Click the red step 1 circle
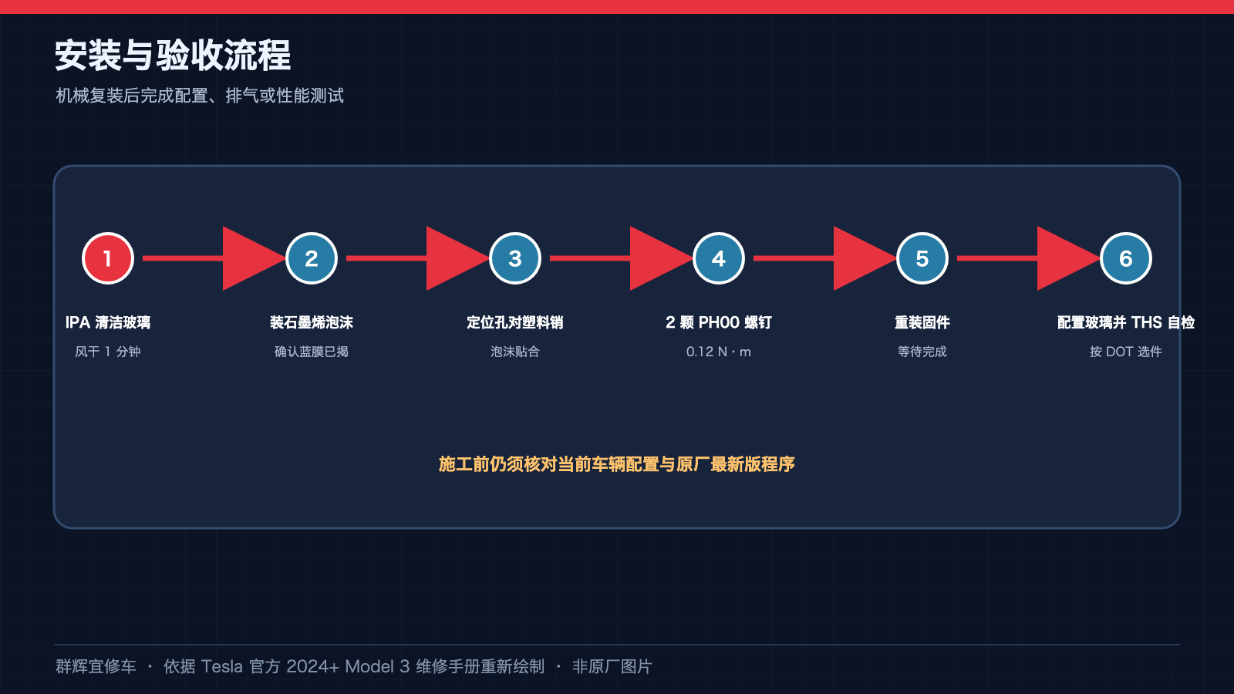coord(108,258)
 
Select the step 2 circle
coord(312,258)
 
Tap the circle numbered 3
coord(515,258)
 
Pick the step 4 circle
coord(718,258)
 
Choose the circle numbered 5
coord(922,258)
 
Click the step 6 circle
coord(1125,258)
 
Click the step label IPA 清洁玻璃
coord(108,322)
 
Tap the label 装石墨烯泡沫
coord(312,322)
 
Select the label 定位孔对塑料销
coord(515,322)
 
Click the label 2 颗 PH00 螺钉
coord(718,322)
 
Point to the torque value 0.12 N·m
coord(718,352)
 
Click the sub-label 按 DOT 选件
coord(1125,352)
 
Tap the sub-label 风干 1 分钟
coord(108,352)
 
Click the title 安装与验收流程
coord(173,55)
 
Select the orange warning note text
coord(616,464)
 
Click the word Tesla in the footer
coord(221,666)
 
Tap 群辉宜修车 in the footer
coord(96,666)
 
